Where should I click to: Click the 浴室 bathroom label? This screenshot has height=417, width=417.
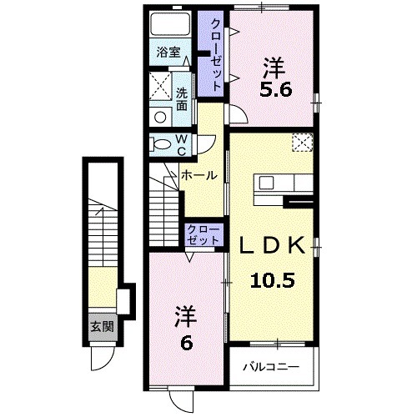(169, 52)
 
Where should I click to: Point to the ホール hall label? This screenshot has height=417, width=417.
(199, 175)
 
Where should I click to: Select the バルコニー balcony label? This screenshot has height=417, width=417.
(272, 365)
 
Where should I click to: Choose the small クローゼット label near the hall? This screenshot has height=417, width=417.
(203, 234)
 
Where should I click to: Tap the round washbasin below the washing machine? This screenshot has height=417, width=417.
(158, 117)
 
